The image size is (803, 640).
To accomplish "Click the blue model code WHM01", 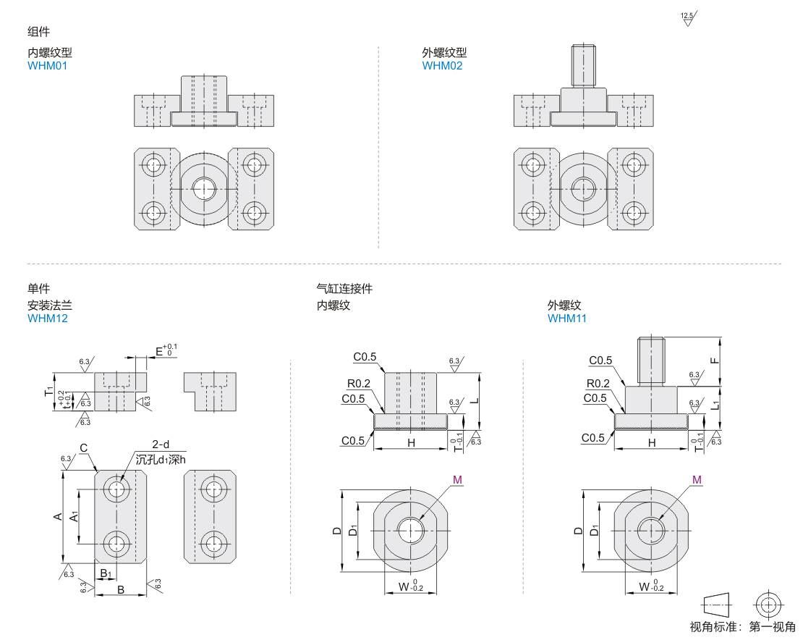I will tap(47, 66).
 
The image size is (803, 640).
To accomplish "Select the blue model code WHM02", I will tap(442, 66).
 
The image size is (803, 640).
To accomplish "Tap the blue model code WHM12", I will tap(47, 318).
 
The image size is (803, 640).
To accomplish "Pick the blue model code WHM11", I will tap(567, 318).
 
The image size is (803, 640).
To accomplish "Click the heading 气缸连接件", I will tap(344, 289).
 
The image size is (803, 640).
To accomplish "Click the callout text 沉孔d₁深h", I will tap(161, 458).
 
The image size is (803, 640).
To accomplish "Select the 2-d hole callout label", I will tap(161, 445).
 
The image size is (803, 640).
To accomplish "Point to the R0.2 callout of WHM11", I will tap(598, 384).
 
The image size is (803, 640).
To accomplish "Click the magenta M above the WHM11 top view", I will tap(696, 479).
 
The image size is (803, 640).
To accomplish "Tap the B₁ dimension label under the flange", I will tap(106, 573).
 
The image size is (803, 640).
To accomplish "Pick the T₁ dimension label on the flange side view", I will tap(48, 392).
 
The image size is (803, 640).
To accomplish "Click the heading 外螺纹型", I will tap(444, 53).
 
